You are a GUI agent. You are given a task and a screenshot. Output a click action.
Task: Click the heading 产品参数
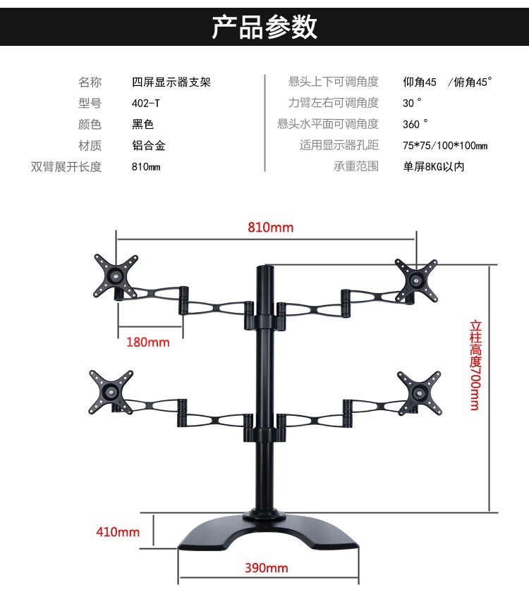coord(264,26)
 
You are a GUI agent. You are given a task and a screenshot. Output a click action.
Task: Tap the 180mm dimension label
coord(148,342)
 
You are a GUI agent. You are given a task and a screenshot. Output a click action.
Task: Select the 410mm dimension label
coord(118,532)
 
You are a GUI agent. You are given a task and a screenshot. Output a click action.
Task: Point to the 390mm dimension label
coord(267,568)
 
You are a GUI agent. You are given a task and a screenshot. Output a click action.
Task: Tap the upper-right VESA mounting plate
coord(417,278)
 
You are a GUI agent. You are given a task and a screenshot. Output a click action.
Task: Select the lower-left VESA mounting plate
coord(111,391)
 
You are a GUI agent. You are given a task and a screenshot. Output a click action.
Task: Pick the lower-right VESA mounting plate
coord(419,390)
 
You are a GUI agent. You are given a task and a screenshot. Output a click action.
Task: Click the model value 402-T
coord(146,104)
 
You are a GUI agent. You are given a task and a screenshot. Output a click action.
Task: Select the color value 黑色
coord(142,125)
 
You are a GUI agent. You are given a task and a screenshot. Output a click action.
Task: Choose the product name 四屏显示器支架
coord(171,82)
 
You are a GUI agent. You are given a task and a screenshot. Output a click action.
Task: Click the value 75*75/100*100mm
coord(445,146)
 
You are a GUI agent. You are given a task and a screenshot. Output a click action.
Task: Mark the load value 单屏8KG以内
coord(434,167)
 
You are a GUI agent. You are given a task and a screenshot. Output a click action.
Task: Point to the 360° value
coord(415,125)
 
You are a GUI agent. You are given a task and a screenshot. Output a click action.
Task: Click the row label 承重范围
coord(356,167)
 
